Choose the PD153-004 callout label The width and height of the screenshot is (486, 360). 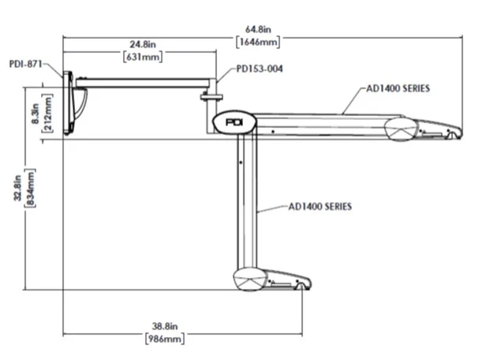pos(260,69)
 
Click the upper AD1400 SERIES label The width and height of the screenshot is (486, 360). pos(397,89)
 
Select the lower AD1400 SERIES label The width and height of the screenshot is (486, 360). pos(320,207)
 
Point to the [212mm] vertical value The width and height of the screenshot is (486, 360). pos(48,113)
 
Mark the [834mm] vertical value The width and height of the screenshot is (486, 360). pos(31,187)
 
